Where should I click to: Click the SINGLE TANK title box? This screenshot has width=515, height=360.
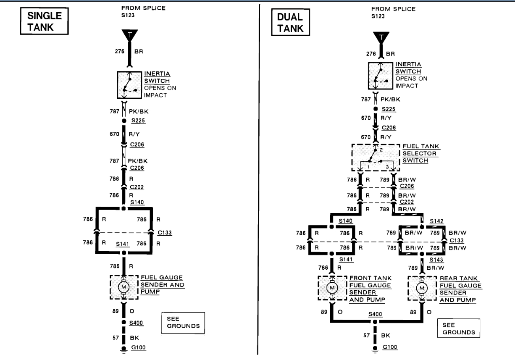point(44,22)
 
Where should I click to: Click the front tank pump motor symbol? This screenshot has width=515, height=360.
point(333,288)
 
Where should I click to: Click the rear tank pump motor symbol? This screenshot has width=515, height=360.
point(422,288)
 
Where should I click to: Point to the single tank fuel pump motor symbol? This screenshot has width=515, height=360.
point(124,287)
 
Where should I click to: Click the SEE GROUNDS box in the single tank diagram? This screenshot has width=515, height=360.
point(183,322)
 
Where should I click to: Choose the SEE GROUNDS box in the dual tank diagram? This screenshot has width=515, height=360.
point(458,328)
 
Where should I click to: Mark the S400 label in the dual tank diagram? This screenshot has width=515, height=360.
point(375,314)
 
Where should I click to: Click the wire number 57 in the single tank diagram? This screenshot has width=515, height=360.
point(116,337)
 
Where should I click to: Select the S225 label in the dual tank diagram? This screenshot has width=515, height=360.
point(389,109)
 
